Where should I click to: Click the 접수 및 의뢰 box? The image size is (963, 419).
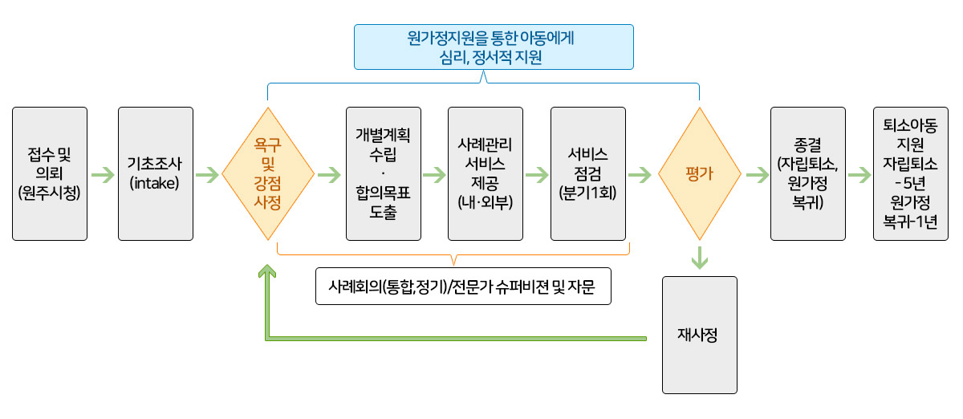[x=50, y=174]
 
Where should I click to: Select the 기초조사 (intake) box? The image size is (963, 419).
[x=156, y=174]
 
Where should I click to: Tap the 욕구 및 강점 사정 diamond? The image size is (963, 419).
[x=268, y=174]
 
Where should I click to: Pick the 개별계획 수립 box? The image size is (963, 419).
[x=384, y=174]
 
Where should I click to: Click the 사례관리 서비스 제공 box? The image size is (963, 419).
[x=486, y=174]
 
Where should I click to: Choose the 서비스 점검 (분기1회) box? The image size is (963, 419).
[x=588, y=174]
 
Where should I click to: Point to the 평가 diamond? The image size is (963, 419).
[x=700, y=174]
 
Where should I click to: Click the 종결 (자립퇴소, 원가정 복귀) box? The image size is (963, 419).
[x=808, y=174]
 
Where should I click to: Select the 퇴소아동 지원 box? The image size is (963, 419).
[x=911, y=174]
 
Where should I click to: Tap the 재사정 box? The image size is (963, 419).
[x=700, y=335]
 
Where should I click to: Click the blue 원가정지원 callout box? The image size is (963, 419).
[x=494, y=47]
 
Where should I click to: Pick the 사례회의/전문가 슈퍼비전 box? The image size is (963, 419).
[x=464, y=287]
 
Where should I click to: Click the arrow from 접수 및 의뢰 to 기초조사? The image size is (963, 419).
[x=104, y=175]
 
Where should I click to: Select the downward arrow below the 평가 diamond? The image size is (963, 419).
[x=700, y=258]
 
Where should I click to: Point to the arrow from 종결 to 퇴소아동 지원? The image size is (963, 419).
[x=859, y=175]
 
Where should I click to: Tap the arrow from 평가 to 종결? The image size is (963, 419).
[x=758, y=175]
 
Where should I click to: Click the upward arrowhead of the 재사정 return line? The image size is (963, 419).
[x=267, y=271]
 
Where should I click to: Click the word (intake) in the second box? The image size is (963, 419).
[x=154, y=183]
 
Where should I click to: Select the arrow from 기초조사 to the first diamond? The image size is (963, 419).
[x=207, y=175]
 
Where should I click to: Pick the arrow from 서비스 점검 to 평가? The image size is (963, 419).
[x=640, y=175]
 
